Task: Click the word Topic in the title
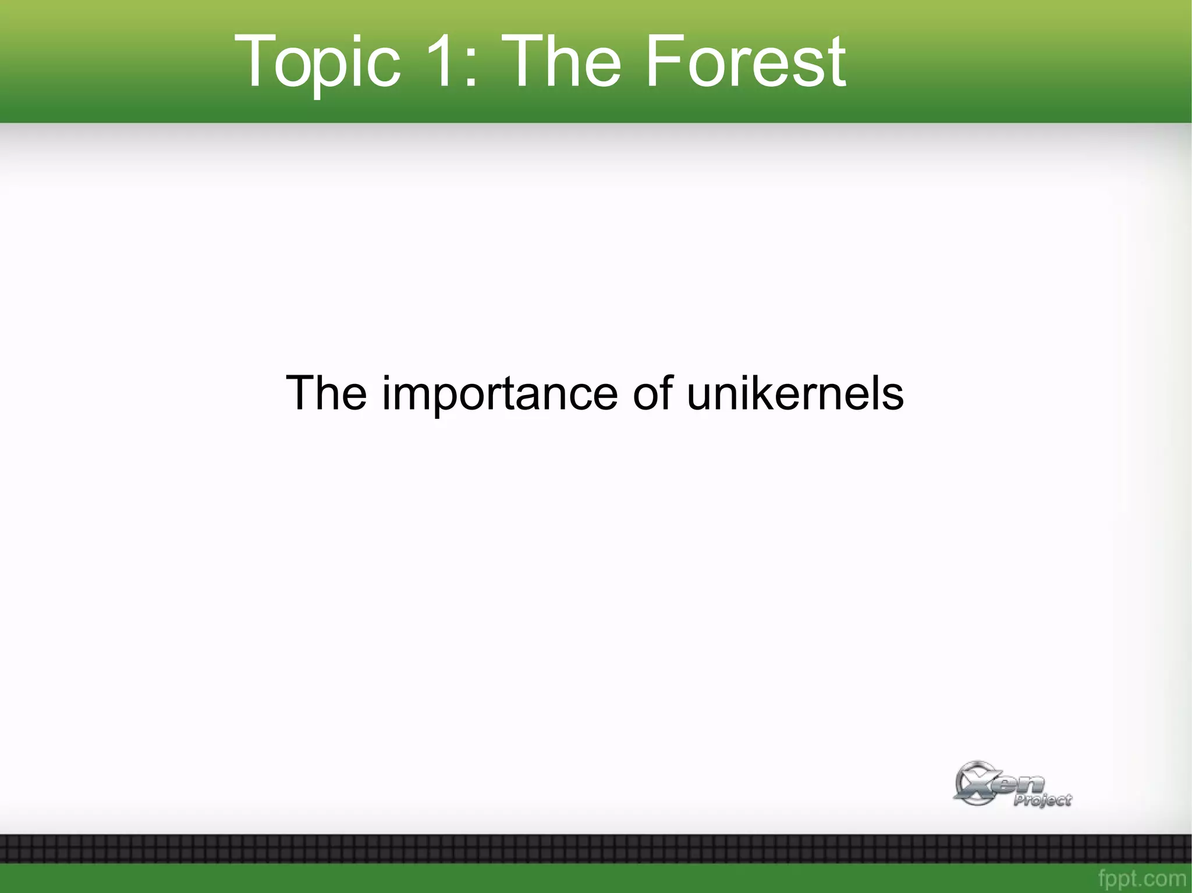[317, 61]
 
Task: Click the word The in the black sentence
[326, 393]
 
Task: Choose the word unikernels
[795, 393]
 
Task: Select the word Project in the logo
[1042, 801]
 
